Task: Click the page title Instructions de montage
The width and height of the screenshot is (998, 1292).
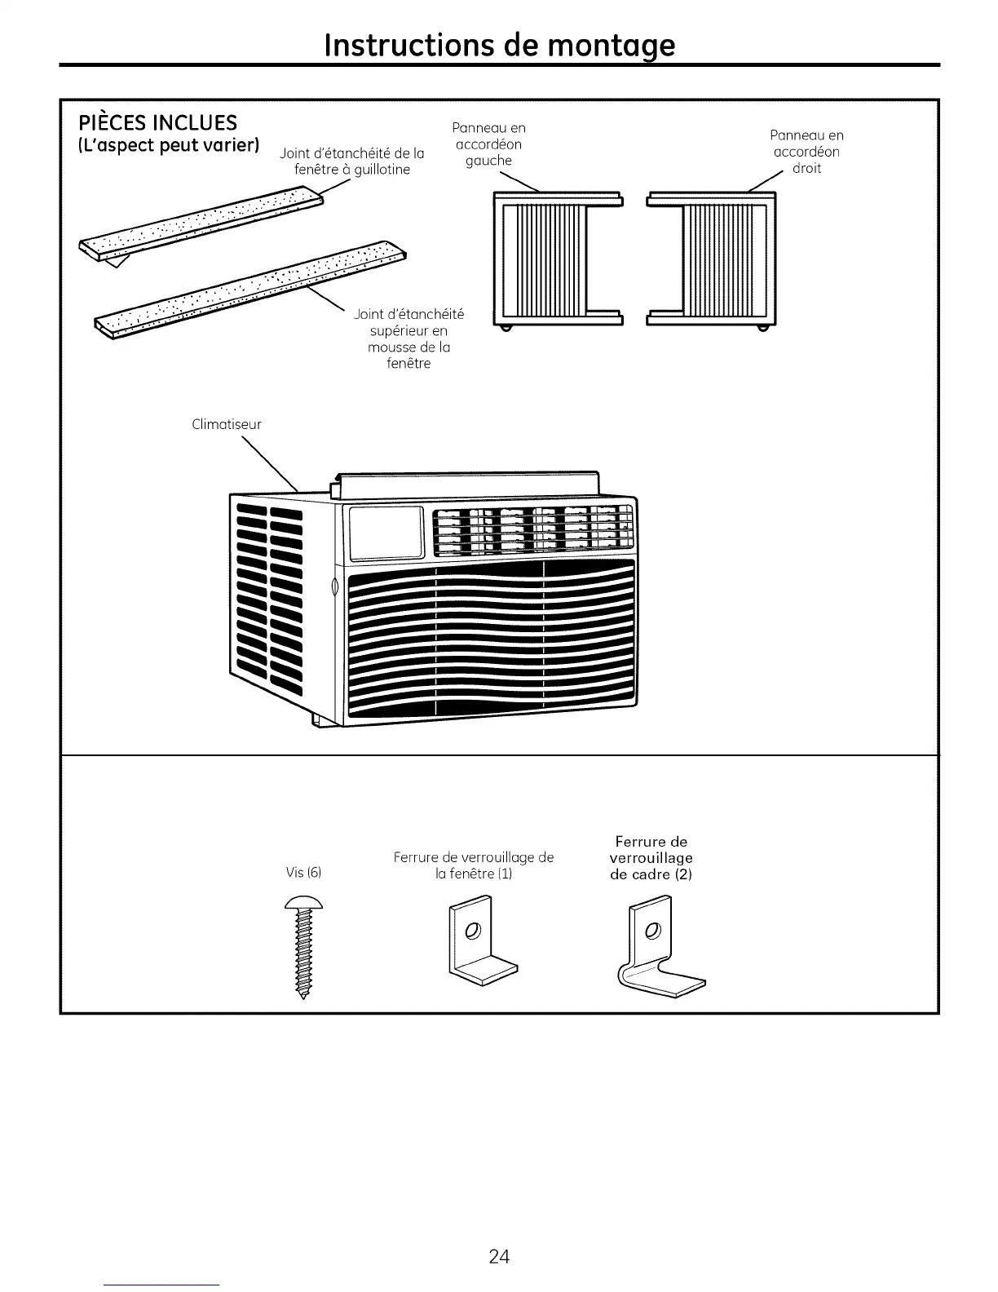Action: (499, 44)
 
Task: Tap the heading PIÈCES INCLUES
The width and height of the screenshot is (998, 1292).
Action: (157, 123)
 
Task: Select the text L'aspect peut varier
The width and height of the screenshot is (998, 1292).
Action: (169, 147)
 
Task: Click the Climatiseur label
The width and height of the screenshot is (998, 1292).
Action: (227, 424)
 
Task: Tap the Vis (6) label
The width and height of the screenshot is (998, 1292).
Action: (304, 873)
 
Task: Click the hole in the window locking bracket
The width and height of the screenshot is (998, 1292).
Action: (470, 931)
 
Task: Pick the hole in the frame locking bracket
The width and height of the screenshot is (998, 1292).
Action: (651, 931)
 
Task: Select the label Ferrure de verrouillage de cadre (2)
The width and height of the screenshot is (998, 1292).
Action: (651, 858)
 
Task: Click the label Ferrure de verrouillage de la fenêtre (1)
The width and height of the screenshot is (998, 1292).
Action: (473, 865)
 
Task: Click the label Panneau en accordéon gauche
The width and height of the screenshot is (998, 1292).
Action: (488, 144)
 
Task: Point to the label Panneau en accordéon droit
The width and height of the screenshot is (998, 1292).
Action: (806, 152)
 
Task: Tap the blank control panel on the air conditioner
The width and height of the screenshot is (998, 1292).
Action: (386, 533)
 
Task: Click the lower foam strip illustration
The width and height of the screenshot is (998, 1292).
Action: (253, 290)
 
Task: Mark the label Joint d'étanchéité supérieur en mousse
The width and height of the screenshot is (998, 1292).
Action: (408, 338)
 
